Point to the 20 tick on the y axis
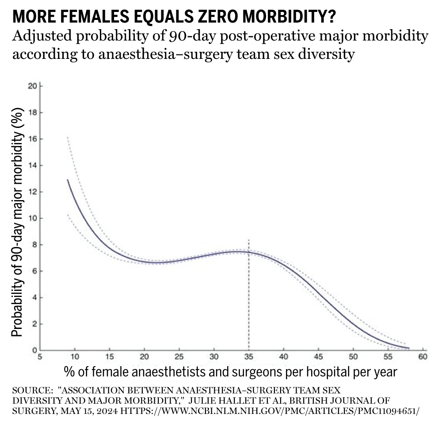[32, 86]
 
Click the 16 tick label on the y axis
[32, 139]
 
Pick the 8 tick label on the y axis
[34, 245]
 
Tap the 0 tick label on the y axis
[34, 351]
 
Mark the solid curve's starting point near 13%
[67, 180]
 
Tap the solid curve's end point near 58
[409, 348]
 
